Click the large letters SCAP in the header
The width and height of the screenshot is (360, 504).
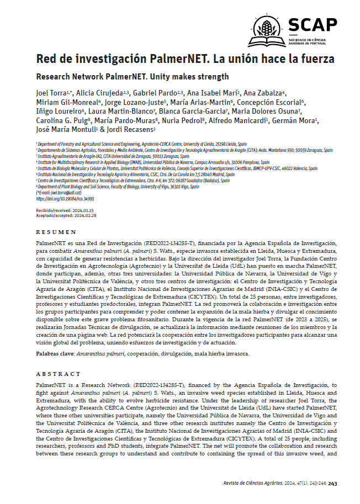tap(313, 24)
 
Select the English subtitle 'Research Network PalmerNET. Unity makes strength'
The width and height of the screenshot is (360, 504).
tap(133, 77)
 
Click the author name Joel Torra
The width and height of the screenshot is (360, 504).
tap(50, 93)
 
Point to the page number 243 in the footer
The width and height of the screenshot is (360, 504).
tap(332, 483)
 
